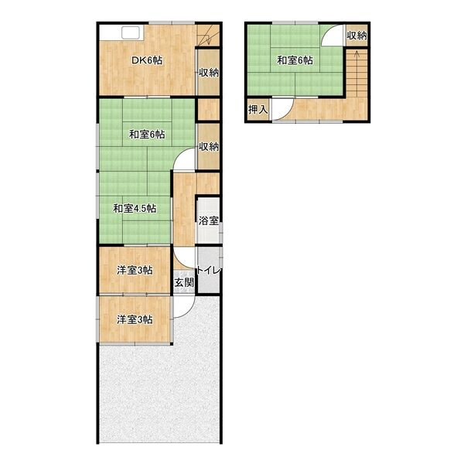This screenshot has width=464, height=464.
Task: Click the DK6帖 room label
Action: pyautogui.click(x=147, y=60)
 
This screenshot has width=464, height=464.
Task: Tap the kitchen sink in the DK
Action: pyautogui.click(x=131, y=32)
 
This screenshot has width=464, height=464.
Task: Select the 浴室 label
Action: pyautogui.click(x=209, y=220)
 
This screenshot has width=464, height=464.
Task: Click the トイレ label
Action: pyautogui.click(x=210, y=270)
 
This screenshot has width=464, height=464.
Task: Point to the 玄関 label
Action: pyautogui.click(x=184, y=282)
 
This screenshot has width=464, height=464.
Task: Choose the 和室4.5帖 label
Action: pyautogui.click(x=135, y=209)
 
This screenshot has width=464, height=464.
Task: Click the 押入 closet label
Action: pyautogui.click(x=258, y=110)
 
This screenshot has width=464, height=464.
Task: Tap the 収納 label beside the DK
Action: pyautogui.click(x=209, y=73)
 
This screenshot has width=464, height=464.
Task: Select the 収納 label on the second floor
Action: pyautogui.click(x=357, y=36)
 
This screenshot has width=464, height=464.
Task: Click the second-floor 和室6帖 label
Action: pyautogui.click(x=295, y=60)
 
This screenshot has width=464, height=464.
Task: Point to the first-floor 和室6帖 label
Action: pyautogui.click(x=147, y=135)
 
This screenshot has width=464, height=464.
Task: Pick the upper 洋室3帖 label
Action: pyautogui.click(x=135, y=270)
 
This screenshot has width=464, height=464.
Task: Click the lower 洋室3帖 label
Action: pyautogui.click(x=135, y=319)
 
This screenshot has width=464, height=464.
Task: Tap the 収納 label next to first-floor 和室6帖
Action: pyautogui.click(x=209, y=146)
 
